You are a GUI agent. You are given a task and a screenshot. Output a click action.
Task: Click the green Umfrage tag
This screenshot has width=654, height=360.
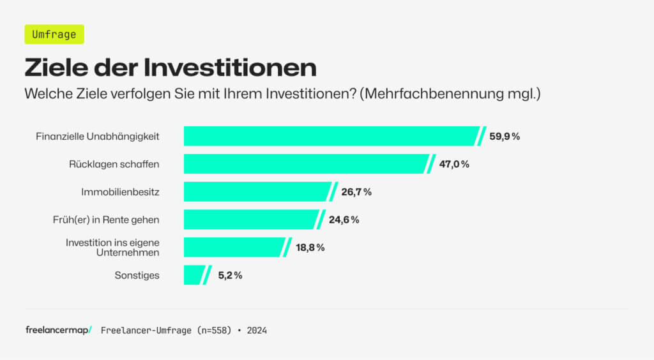[54, 34]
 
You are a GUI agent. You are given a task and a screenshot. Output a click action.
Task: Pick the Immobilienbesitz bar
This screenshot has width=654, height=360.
[255, 191]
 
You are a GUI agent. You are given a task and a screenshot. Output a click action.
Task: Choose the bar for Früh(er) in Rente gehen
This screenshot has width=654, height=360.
[250, 220]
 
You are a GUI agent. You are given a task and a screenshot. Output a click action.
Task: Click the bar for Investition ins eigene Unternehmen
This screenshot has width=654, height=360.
[233, 247]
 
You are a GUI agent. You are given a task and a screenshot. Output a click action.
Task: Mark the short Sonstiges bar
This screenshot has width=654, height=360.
[194, 275]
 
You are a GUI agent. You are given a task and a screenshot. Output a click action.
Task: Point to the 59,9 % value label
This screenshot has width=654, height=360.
[505, 137]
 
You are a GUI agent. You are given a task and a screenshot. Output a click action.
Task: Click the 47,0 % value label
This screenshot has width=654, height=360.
[454, 164]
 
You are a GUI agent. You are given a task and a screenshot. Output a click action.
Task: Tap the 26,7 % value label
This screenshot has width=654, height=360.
[356, 192]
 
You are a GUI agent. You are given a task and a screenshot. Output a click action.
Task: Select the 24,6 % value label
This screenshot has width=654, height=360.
[344, 220]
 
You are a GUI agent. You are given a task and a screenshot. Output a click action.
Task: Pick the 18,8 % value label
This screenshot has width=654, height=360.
[310, 248]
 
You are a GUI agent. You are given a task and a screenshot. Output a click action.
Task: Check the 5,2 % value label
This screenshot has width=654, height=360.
[229, 276]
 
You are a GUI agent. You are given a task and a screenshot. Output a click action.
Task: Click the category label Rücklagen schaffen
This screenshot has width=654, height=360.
[114, 164]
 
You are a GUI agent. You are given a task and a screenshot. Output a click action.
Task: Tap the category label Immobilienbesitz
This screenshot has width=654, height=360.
[120, 192]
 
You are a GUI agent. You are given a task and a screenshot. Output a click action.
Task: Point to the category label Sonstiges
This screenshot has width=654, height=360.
[137, 276]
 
